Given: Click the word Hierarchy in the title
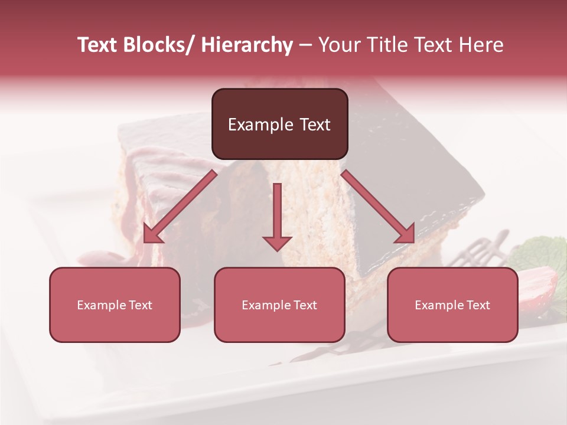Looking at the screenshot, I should [246, 45].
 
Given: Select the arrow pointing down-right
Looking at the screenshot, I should [379, 207].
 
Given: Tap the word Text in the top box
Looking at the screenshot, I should [314, 125].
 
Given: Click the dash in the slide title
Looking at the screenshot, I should [305, 45].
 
